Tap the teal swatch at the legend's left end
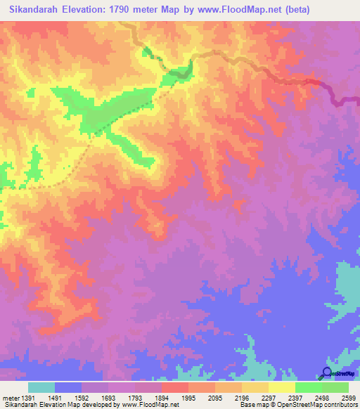[x=41, y=387]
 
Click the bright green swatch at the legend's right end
[x=335, y=387]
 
